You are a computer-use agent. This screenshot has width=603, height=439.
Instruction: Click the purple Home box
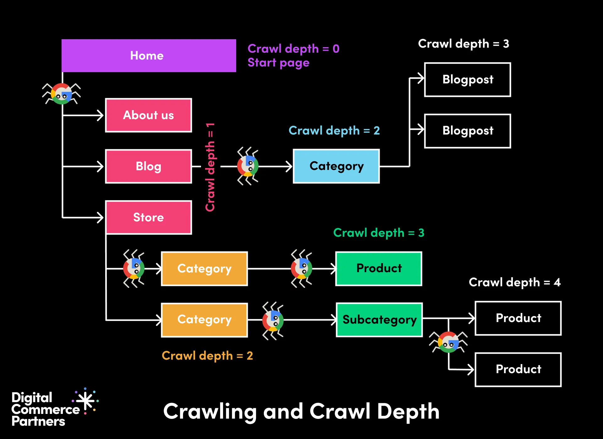click(x=149, y=56)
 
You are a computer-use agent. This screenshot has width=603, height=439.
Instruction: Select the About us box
click(x=149, y=115)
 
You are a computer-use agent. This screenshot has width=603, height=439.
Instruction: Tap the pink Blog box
click(x=149, y=166)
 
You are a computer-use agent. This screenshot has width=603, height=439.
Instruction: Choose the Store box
click(x=149, y=217)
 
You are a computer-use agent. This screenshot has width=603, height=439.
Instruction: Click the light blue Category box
click(x=336, y=166)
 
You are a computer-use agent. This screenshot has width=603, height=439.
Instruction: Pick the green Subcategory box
click(x=379, y=320)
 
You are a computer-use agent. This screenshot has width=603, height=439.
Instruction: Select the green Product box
click(x=379, y=268)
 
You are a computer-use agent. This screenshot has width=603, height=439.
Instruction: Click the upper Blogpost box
click(x=467, y=80)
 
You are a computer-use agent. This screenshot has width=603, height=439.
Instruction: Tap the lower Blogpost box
click(x=467, y=131)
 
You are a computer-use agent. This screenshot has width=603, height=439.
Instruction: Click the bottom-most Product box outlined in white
click(x=518, y=369)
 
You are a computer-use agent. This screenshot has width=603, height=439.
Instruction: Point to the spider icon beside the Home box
click(x=62, y=94)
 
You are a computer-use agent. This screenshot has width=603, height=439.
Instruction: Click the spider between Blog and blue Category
click(x=248, y=166)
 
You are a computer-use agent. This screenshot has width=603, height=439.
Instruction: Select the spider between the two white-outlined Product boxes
click(x=448, y=342)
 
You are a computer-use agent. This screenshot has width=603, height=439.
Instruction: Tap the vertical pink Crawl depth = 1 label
click(x=210, y=167)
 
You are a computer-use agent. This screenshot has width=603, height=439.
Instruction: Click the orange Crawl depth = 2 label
click(x=207, y=356)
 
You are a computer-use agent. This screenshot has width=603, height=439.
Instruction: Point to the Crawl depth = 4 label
click(x=514, y=282)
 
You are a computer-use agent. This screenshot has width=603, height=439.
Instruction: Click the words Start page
click(x=278, y=63)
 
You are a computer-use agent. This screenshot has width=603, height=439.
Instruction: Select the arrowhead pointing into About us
click(x=100, y=115)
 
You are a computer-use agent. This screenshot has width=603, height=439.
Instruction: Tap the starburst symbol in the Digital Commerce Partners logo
click(x=86, y=401)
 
